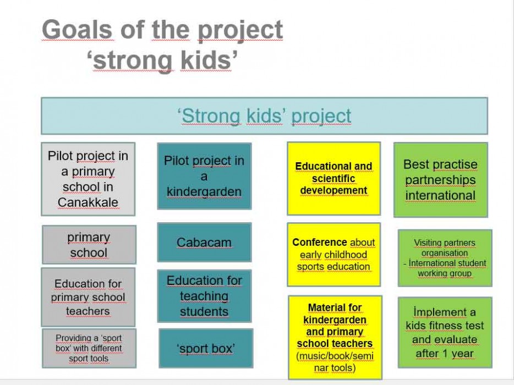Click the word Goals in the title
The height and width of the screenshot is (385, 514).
[78, 30]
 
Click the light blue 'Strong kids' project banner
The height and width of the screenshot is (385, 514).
[264, 116]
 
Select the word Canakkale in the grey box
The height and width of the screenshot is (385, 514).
[88, 202]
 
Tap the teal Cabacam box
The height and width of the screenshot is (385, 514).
[204, 242]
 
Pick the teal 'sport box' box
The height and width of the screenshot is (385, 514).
[206, 348]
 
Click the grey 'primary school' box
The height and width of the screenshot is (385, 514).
[89, 244]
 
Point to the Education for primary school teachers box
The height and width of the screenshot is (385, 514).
[88, 297]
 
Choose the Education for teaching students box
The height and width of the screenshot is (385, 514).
[204, 296]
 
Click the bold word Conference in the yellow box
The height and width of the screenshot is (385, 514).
[320, 242]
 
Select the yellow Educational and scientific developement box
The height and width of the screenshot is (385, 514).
[333, 179]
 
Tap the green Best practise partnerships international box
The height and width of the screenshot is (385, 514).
[441, 179]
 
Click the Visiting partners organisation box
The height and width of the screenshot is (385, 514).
[445, 258]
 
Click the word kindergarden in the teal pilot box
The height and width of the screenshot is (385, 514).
[204, 192]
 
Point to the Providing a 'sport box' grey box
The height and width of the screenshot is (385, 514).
[89, 348]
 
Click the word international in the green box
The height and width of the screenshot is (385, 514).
[440, 195]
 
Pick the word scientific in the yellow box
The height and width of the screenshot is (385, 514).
[333, 178]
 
